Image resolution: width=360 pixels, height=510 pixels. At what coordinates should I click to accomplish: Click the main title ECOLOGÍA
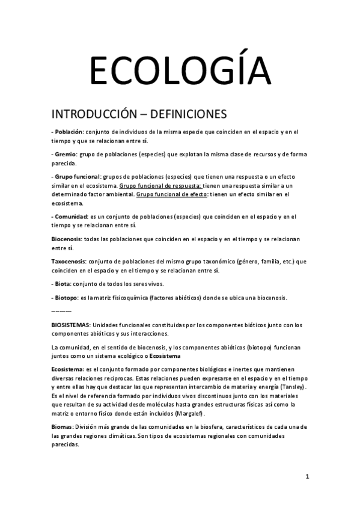(180, 71)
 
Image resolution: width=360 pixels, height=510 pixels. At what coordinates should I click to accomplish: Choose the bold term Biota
(64, 284)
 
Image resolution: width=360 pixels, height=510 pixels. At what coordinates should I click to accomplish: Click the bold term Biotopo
(67, 298)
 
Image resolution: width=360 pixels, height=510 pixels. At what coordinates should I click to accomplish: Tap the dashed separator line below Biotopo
(61, 311)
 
